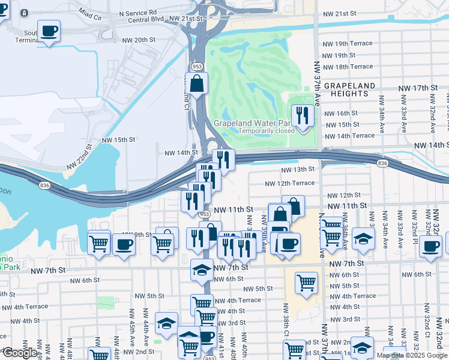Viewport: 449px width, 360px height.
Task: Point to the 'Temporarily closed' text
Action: click(x=267, y=131)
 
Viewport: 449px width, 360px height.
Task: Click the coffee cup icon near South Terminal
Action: click(x=49, y=31)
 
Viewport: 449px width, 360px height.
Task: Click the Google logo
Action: click(x=19, y=352)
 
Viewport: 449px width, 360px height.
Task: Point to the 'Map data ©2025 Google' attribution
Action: click(x=412, y=355)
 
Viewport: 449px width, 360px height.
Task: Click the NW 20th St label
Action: click(x=139, y=40)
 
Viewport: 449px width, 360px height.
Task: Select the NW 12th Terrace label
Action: click(x=290, y=183)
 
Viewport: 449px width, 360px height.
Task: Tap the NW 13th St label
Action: click(x=304, y=169)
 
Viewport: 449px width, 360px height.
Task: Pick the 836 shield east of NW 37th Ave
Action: click(x=383, y=163)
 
